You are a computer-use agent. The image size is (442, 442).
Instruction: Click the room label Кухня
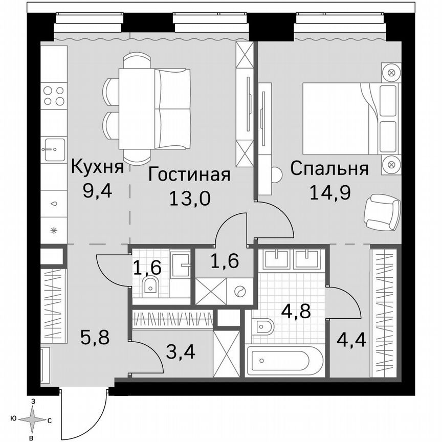(97, 168)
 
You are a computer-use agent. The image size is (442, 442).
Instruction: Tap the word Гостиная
(189, 174)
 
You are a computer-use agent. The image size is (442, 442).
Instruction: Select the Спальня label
(329, 168)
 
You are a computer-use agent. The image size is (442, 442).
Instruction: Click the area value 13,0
(190, 198)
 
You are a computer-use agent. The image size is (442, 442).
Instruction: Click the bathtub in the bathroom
(284, 361)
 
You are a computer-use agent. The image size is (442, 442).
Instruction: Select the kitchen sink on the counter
(54, 149)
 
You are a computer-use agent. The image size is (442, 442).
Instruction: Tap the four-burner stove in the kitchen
(54, 96)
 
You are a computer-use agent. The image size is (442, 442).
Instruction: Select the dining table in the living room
(137, 108)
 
